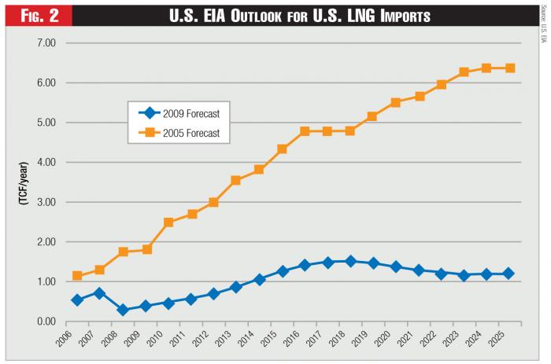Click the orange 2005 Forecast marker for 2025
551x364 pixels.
pos(510,68)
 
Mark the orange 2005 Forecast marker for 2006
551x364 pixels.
pos(77,276)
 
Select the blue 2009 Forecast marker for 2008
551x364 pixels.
pos(123,310)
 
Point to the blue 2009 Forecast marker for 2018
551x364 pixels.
pos(350,261)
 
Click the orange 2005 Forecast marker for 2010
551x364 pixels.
pos(168,222)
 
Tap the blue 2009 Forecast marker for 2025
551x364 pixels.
pos(510,274)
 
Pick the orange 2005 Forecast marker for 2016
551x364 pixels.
pos(305,131)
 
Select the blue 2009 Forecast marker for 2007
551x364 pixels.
pos(100,293)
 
